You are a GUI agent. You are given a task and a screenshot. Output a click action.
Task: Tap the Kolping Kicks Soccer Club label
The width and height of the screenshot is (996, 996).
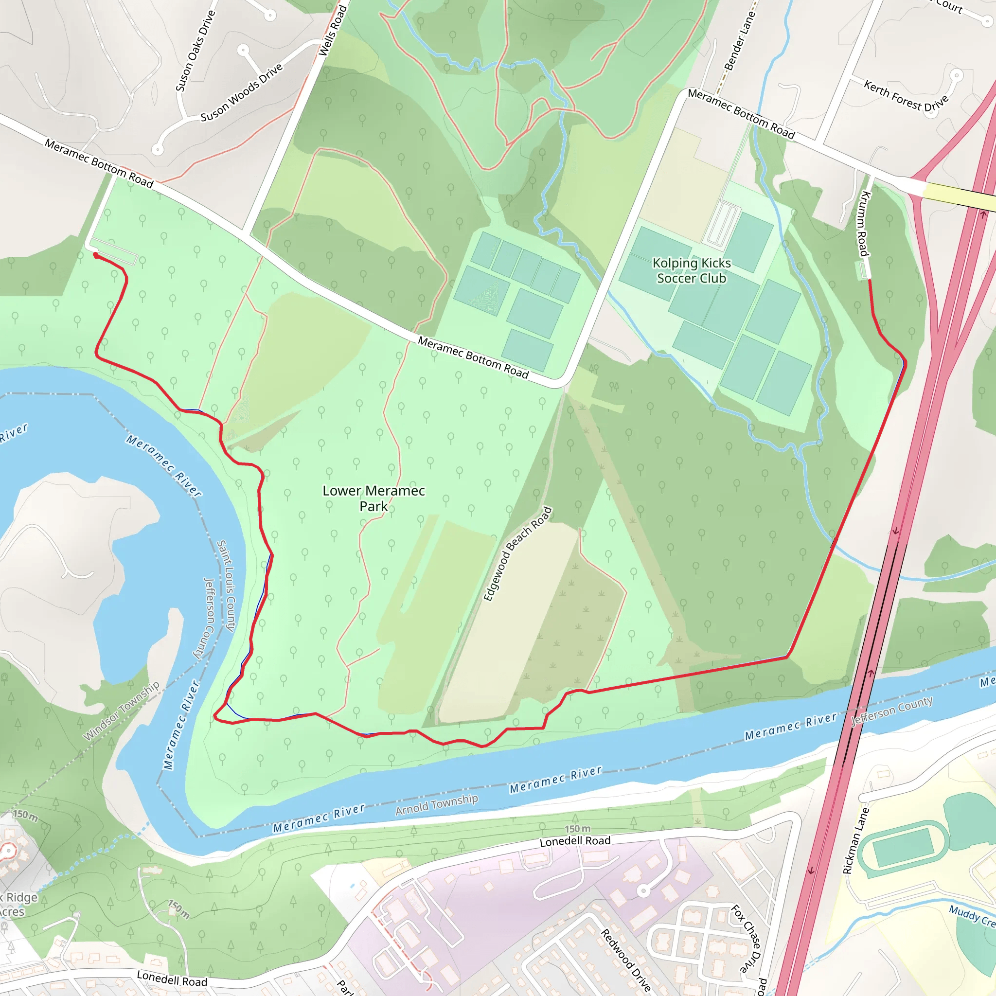pyautogui.click(x=692, y=271)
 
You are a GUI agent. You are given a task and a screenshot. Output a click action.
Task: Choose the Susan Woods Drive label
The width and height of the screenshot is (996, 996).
pyautogui.click(x=241, y=92)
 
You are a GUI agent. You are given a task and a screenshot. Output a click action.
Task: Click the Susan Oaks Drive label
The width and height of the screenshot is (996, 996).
pyautogui.click(x=195, y=51)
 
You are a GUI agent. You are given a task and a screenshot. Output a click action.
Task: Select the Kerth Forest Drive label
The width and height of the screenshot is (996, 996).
pyautogui.click(x=906, y=96)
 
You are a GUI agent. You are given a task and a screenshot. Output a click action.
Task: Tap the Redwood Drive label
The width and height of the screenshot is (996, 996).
pyautogui.click(x=626, y=960)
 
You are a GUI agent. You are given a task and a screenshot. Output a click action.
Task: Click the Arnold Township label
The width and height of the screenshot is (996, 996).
pyautogui.click(x=437, y=804)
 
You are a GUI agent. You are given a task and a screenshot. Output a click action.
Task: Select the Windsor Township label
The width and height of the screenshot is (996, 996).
pyautogui.click(x=122, y=711)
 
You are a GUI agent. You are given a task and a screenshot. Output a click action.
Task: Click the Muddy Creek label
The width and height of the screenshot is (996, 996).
pyautogui.click(x=972, y=916)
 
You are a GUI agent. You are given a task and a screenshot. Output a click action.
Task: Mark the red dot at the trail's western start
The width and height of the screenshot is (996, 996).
pyautogui.click(x=95, y=255)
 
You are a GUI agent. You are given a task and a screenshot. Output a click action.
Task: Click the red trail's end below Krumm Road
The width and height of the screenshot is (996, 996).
pyautogui.click(x=870, y=281)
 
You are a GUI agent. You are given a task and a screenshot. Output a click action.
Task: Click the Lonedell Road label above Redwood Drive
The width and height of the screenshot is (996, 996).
pyautogui.click(x=575, y=841)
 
